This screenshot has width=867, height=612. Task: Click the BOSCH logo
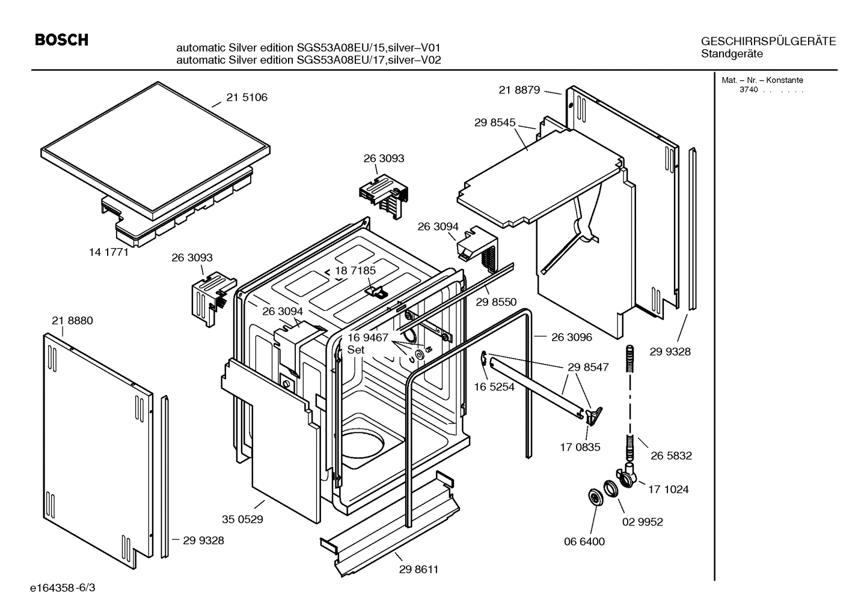(61, 40)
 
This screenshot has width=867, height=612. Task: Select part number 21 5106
(247, 97)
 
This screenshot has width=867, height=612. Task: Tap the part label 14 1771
(109, 252)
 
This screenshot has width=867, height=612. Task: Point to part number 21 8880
(72, 321)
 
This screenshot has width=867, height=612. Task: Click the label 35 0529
(242, 519)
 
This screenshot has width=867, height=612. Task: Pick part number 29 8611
(418, 569)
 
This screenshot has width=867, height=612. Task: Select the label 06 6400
(584, 541)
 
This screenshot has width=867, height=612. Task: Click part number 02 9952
(642, 522)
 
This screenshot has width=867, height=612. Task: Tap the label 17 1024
(668, 489)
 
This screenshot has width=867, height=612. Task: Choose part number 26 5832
(671, 456)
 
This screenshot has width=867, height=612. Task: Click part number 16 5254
(494, 387)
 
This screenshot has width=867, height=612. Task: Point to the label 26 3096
(571, 337)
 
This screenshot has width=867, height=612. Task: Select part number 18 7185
(355, 271)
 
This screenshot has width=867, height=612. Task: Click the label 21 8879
(519, 90)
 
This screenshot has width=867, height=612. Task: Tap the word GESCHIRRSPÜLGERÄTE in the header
(768, 41)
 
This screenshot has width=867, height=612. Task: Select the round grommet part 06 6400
(595, 497)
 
